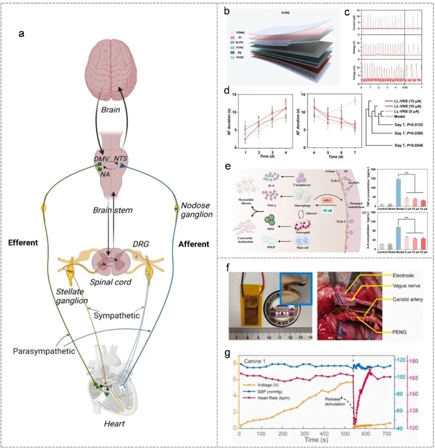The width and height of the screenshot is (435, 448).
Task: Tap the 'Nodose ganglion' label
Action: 196,210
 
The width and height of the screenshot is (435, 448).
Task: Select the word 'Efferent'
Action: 23,242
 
